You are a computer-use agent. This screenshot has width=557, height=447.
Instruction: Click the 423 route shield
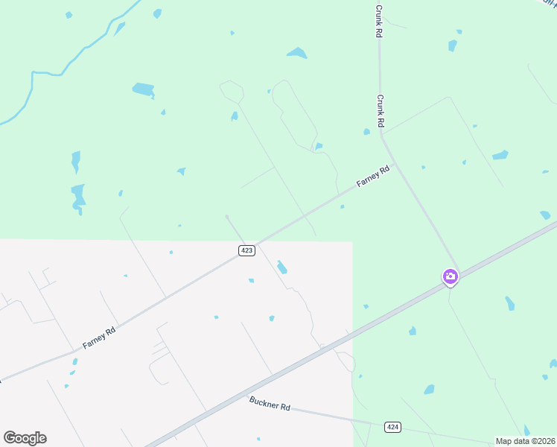[247, 250]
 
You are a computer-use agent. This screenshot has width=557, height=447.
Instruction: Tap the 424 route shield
[393, 427]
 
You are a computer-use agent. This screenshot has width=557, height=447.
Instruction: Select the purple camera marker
[450, 276]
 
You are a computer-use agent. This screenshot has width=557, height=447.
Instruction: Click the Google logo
[25, 438]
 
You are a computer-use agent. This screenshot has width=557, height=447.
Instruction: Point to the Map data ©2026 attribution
[526, 441]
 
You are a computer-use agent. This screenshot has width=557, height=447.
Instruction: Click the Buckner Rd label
[270, 405]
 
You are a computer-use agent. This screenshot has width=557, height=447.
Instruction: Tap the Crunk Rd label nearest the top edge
[379, 22]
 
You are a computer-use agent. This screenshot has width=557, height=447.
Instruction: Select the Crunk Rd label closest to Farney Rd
[380, 110]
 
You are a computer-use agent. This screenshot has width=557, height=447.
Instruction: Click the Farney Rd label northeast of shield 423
[372, 177]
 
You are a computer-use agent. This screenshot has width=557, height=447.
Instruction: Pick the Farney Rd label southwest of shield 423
[99, 339]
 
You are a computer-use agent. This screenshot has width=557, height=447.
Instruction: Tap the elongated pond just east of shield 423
[281, 267]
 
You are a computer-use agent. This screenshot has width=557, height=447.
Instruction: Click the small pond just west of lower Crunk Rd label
[366, 132]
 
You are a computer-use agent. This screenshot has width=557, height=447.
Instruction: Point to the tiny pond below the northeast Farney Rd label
[342, 206]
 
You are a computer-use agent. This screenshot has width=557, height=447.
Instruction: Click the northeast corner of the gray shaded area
[351, 242]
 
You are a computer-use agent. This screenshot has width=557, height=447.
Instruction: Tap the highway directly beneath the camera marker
[450, 285]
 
